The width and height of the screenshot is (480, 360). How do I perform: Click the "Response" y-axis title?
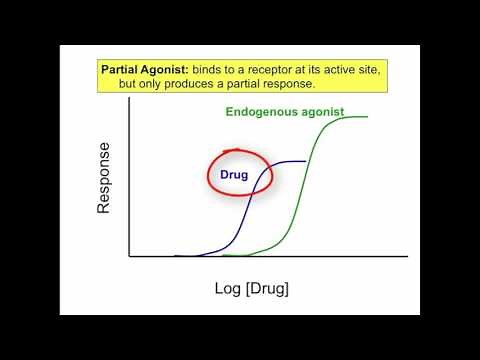(x=104, y=177)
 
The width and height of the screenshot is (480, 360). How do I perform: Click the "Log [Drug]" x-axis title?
(x=252, y=289)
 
